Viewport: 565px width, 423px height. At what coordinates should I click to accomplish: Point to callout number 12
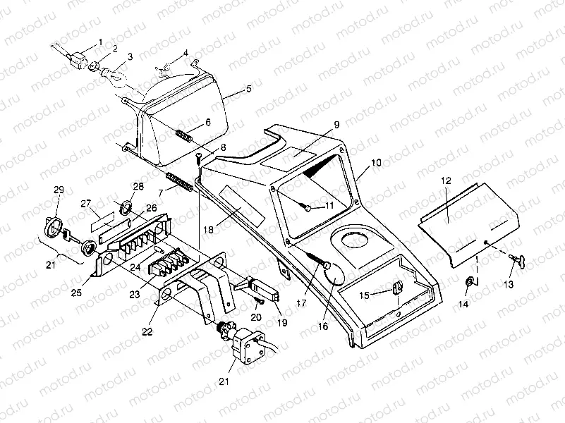[445, 180]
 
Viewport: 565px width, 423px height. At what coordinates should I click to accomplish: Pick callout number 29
[59, 190]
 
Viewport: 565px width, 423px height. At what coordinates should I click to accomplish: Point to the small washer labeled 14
[469, 283]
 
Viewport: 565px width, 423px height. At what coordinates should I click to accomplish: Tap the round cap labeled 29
[52, 228]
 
